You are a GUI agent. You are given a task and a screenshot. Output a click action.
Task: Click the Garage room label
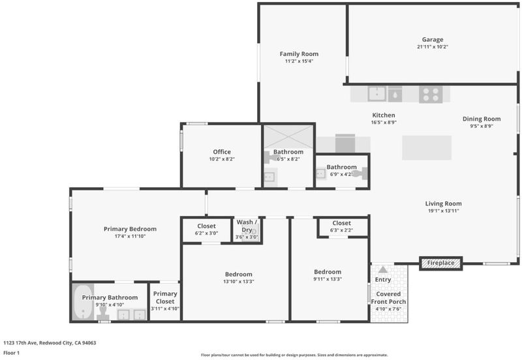click(x=433, y=40)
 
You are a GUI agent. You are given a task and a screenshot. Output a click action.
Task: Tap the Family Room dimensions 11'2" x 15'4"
click(x=299, y=61)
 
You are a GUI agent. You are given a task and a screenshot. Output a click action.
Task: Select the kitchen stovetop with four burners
click(x=431, y=94)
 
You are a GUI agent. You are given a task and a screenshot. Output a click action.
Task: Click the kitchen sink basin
click(x=377, y=94)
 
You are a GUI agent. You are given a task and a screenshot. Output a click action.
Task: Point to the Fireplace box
click(x=441, y=263)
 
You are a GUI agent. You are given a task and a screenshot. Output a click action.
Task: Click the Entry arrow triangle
click(x=383, y=269)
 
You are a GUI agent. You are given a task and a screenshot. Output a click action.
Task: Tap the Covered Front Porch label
click(x=388, y=298)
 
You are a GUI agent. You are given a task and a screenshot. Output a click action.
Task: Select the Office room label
click(x=222, y=152)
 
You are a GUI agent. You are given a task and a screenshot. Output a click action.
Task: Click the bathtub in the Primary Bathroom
click(x=83, y=302)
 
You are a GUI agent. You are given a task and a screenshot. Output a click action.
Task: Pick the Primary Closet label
click(x=165, y=297)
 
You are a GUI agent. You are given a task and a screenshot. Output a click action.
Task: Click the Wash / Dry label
click(x=247, y=226)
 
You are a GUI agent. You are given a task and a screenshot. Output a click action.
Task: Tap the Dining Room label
click(x=482, y=119)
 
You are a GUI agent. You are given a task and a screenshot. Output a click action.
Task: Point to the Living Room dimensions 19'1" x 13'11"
click(x=444, y=211)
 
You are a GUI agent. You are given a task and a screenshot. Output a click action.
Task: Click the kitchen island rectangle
click(x=427, y=148)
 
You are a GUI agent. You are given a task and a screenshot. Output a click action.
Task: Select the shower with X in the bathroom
click(x=288, y=137)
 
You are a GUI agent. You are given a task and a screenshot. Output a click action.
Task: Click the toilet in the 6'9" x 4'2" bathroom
click(x=361, y=173)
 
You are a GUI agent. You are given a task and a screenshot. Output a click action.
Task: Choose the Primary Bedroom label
click(x=130, y=229)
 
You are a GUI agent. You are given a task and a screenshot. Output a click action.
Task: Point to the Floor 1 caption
click(x=11, y=353)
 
